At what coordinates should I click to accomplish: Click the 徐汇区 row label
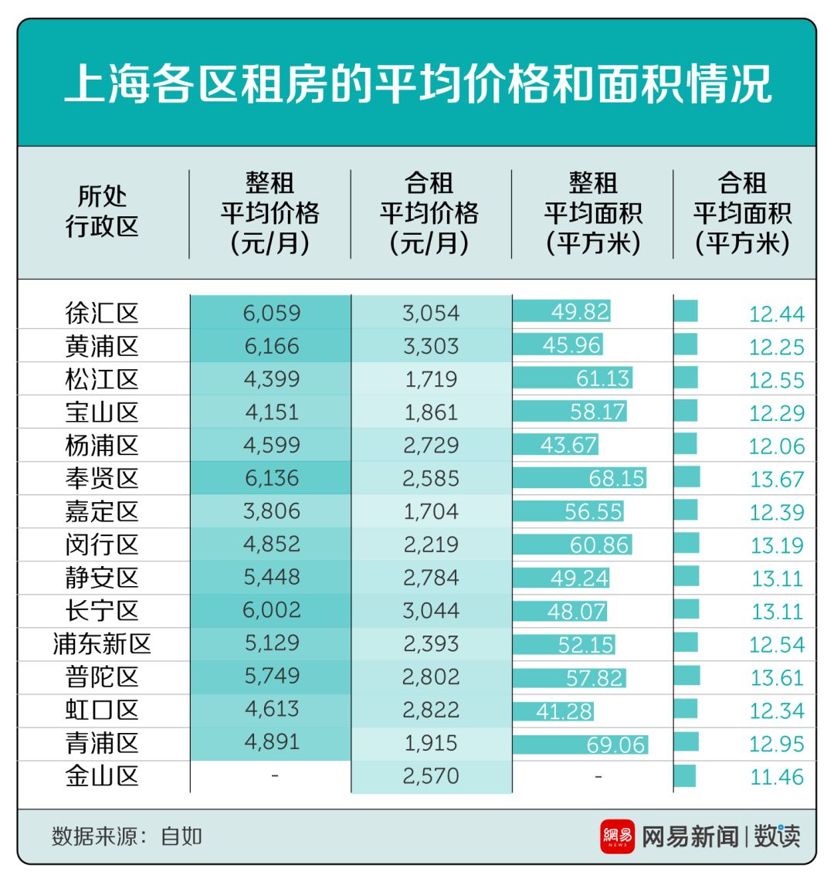tap(102, 313)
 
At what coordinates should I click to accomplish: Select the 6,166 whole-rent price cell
tap(271, 346)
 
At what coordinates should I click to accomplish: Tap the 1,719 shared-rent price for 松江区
tap(431, 379)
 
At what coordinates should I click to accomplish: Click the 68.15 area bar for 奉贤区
tap(579, 478)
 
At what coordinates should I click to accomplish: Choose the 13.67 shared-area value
tap(777, 480)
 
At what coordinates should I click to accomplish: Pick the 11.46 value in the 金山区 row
tap(777, 777)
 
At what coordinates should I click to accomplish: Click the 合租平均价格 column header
tap(429, 213)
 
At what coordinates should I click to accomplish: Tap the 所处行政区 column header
tap(102, 212)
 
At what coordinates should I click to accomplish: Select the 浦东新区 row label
tap(102, 644)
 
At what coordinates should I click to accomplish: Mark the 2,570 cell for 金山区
tap(431, 776)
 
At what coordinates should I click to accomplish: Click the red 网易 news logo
tap(617, 836)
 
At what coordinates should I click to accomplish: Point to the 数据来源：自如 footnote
tap(127, 836)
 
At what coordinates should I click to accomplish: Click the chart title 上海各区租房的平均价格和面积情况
tap(417, 83)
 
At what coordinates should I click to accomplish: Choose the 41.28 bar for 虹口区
tap(553, 711)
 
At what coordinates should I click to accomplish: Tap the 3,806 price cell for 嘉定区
tap(271, 511)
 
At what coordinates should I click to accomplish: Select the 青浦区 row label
tap(102, 743)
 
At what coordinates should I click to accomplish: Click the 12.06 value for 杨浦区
tap(777, 446)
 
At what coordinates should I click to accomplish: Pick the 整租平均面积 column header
tap(592, 213)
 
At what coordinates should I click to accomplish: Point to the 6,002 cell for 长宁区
tap(271, 610)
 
